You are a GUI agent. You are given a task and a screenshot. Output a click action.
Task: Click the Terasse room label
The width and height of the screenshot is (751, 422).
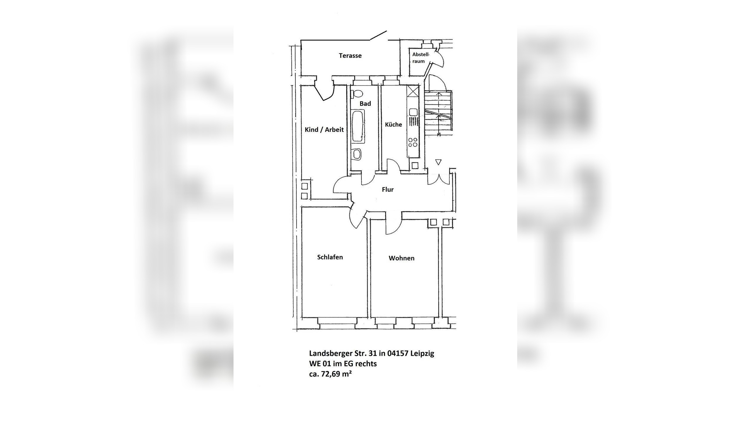click(350, 56)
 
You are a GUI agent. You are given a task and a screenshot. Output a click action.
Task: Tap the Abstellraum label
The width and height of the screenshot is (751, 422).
click(420, 58)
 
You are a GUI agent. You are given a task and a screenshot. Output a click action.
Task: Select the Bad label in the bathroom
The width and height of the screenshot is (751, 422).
click(365, 103)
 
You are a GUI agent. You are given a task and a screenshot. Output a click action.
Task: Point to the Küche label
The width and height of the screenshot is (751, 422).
click(393, 125)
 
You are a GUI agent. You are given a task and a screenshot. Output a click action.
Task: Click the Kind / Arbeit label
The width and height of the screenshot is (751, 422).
click(324, 130)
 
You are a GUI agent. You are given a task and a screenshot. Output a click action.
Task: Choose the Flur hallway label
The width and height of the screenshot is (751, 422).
click(388, 190)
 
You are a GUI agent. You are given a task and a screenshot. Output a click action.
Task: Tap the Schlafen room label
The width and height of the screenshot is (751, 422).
click(330, 257)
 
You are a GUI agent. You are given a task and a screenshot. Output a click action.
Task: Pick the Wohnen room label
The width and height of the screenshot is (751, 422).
click(402, 258)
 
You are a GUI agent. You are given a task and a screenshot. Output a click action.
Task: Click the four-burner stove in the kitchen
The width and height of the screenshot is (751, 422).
click(413, 142)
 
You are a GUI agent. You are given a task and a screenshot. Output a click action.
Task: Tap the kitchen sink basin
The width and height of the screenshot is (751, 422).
click(413, 112)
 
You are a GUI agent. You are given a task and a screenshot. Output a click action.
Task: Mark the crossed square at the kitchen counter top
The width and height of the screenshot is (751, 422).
click(413, 91)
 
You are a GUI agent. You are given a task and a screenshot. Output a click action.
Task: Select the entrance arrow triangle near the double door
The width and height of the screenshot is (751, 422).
click(438, 162)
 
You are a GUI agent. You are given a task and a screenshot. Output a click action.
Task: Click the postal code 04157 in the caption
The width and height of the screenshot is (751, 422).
click(398, 353)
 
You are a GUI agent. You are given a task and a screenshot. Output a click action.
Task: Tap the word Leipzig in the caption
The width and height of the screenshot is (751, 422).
click(422, 354)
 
